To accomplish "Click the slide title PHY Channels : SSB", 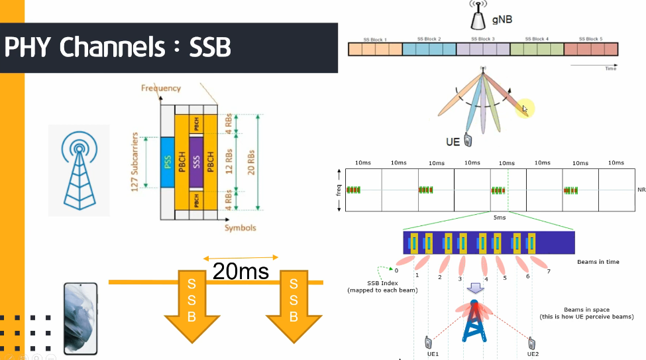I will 118,48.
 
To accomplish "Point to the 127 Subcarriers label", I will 135,162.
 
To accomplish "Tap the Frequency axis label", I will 160,88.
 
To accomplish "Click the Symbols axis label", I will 239,228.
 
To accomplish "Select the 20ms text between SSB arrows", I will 241,270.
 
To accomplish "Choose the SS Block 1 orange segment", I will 375,49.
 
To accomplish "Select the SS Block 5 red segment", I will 591,49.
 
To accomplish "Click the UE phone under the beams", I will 468,139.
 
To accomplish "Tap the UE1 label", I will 433,354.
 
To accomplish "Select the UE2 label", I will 533,354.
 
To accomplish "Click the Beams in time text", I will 598,262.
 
